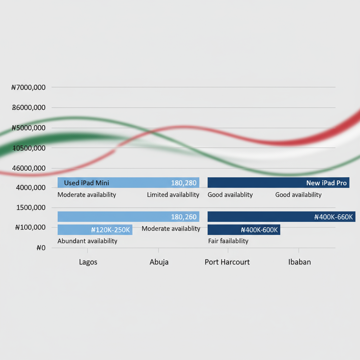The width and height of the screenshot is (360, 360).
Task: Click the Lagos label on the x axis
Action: tap(88, 262)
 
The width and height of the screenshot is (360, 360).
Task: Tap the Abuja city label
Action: tap(159, 262)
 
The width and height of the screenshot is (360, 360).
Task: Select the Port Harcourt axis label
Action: tap(227, 262)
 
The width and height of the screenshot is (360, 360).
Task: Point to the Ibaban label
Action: tap(299, 262)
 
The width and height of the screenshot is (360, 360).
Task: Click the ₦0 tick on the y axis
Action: tap(41, 248)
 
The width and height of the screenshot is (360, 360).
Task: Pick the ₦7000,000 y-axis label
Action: tap(28, 87)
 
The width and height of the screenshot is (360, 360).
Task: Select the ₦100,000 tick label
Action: tap(30, 227)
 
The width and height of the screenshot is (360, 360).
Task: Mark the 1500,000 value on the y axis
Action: tap(31, 207)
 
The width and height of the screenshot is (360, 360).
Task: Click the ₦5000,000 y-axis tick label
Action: tap(28, 128)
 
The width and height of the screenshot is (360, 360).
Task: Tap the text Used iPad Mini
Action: tap(86, 183)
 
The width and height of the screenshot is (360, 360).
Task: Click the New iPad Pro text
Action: tap(326, 183)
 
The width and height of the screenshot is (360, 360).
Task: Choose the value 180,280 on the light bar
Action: tap(184, 183)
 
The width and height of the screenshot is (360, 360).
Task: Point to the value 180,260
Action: tap(184, 217)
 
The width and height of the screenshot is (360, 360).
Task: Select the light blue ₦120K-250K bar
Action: tap(95, 230)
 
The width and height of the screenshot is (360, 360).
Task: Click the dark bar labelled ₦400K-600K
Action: tap(244, 230)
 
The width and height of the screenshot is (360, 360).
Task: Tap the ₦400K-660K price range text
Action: tap(333, 217)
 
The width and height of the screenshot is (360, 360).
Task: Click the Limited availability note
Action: tap(173, 195)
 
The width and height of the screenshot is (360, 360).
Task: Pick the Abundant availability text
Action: tap(87, 241)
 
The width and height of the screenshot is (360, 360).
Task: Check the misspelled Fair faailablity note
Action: tap(228, 241)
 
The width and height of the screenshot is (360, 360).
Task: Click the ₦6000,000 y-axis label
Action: tap(28, 108)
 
